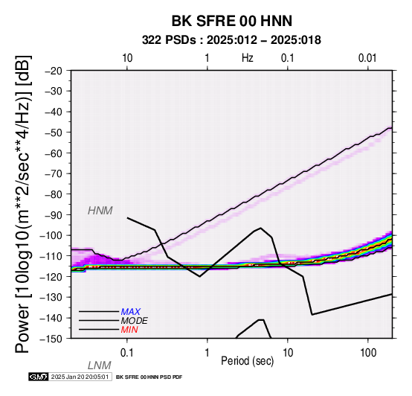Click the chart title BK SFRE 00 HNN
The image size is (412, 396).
coord(232,21)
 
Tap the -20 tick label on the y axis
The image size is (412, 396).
coord(54,71)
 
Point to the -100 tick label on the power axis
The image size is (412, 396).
coord(51,235)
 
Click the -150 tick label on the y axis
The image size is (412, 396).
coord(51,339)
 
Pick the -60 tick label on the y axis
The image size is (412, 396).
coord(54,153)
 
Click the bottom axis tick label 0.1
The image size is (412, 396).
coord(127,353)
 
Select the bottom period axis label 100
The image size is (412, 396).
coord(368,353)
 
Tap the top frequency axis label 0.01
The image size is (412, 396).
coord(367,58)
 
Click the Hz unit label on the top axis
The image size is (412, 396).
coord(248,58)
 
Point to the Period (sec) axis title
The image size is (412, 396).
coord(247,361)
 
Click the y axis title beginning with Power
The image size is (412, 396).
coord(23,204)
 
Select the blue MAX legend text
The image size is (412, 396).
coord(131,312)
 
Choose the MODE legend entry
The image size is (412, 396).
coord(135,321)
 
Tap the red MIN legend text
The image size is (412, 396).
coord(129,330)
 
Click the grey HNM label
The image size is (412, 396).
coord(100,211)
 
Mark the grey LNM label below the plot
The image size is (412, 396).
coord(100,365)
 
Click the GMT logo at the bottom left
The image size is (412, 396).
coord(39,377)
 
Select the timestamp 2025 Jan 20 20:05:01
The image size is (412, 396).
coord(80,377)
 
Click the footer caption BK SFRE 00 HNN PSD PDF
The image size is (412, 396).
coord(149,377)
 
